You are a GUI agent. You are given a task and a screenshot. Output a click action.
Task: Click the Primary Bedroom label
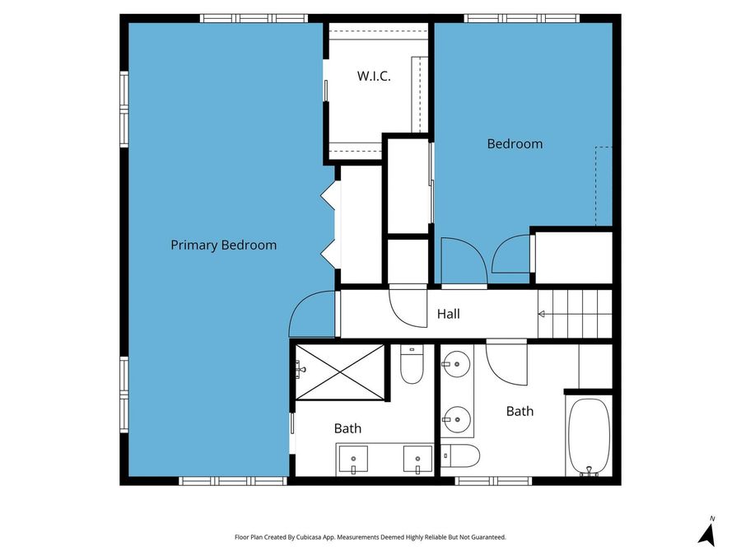pyautogui.click(x=223, y=245)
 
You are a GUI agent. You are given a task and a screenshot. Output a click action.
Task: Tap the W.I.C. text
pyautogui.click(x=373, y=76)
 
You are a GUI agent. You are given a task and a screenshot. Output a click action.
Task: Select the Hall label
pyautogui.click(x=448, y=314)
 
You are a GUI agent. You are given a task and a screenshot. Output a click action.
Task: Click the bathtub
pyautogui.click(x=589, y=437)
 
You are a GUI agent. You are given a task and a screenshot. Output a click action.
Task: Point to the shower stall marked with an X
pyautogui.click(x=340, y=372)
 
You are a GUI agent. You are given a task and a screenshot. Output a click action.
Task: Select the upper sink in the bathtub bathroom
pyautogui.click(x=456, y=362)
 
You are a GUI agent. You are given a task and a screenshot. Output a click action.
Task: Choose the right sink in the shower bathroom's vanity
pyautogui.click(x=417, y=458)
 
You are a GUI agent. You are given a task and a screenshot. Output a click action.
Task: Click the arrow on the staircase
pyautogui.click(x=542, y=314)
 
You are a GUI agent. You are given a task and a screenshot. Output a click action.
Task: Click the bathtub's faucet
pyautogui.click(x=589, y=471)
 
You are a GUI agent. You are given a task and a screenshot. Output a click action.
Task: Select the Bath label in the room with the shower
pyautogui.click(x=347, y=428)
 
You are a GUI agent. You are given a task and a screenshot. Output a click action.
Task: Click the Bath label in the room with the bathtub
pyautogui.click(x=520, y=411)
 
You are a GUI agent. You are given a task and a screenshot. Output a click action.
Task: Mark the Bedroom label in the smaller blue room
pyautogui.click(x=515, y=143)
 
